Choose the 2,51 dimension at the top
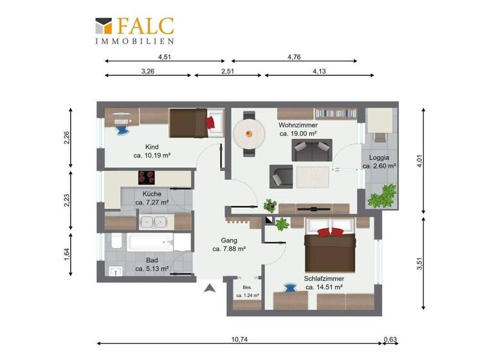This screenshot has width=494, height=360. (227, 71)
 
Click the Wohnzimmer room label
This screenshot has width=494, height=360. (297, 125)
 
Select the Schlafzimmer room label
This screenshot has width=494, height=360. (324, 278)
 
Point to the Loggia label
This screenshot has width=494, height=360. (379, 157)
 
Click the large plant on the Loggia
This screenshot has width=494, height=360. (384, 195)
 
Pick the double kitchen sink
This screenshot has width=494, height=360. (154, 222)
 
